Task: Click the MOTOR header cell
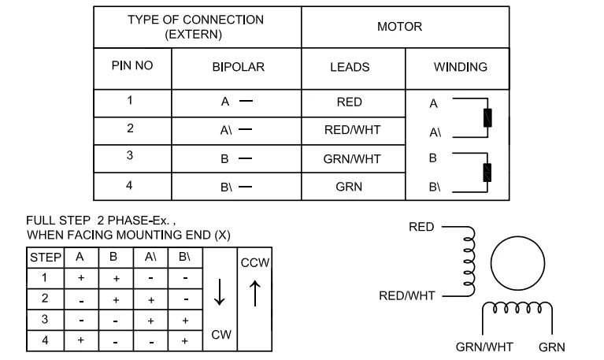point(399,27)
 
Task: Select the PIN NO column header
point(132,65)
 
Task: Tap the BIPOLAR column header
point(238,67)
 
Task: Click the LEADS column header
point(350,68)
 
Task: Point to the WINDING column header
point(461,67)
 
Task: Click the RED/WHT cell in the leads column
point(352,130)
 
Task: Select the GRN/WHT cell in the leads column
point(352,159)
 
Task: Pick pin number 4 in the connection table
point(129,185)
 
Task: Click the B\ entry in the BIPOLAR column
point(226,187)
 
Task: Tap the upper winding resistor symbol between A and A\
point(487,117)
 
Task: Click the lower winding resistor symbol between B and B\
point(487,173)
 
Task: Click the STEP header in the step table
point(46,258)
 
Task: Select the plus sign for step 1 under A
point(81,278)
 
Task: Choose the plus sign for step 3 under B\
point(185,321)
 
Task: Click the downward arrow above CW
point(219,292)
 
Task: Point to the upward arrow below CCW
point(255,293)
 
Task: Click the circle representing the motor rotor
point(517,236)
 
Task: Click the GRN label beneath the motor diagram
point(551,347)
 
